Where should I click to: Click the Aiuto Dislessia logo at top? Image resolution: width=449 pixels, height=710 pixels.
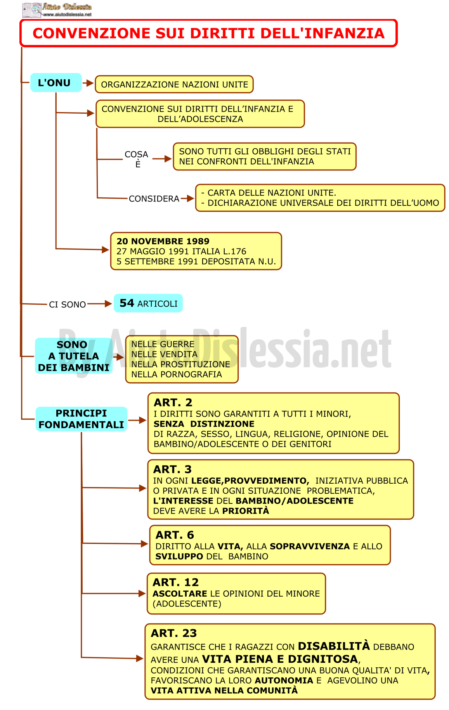(x=57, y=10)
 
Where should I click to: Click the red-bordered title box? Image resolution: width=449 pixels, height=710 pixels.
(x=209, y=33)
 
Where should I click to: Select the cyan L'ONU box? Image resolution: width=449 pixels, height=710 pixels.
(x=56, y=83)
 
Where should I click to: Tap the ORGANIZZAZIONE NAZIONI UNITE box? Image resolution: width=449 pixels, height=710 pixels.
(x=174, y=84)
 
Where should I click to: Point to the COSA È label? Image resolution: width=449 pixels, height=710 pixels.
(x=137, y=159)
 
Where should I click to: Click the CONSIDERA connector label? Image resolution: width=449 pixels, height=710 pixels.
(x=154, y=199)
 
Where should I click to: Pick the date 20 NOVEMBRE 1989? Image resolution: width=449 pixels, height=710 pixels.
(x=163, y=241)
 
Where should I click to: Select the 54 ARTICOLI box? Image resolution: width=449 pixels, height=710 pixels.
(x=148, y=303)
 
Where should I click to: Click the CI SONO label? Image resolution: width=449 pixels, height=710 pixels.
(x=67, y=304)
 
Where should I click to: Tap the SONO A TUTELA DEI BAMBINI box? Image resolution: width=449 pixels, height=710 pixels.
(x=74, y=356)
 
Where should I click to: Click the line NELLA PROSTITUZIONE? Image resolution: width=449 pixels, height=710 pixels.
(x=180, y=364)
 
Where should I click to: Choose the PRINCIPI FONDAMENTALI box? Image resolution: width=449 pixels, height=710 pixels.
(x=81, y=419)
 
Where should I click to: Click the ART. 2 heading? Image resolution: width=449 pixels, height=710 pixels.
(x=173, y=403)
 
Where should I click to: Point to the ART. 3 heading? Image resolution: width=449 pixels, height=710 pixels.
(x=173, y=469)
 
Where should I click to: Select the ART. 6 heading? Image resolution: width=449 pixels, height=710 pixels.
(x=175, y=535)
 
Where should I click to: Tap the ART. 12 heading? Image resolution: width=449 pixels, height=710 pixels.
(x=176, y=582)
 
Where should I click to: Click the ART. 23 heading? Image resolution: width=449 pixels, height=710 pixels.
(x=174, y=633)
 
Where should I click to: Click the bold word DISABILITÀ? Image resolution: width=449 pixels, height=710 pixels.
(x=334, y=646)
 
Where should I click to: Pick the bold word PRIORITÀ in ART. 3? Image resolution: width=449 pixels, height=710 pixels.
(x=246, y=511)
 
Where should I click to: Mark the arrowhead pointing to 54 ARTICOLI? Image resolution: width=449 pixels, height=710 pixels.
(x=108, y=304)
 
